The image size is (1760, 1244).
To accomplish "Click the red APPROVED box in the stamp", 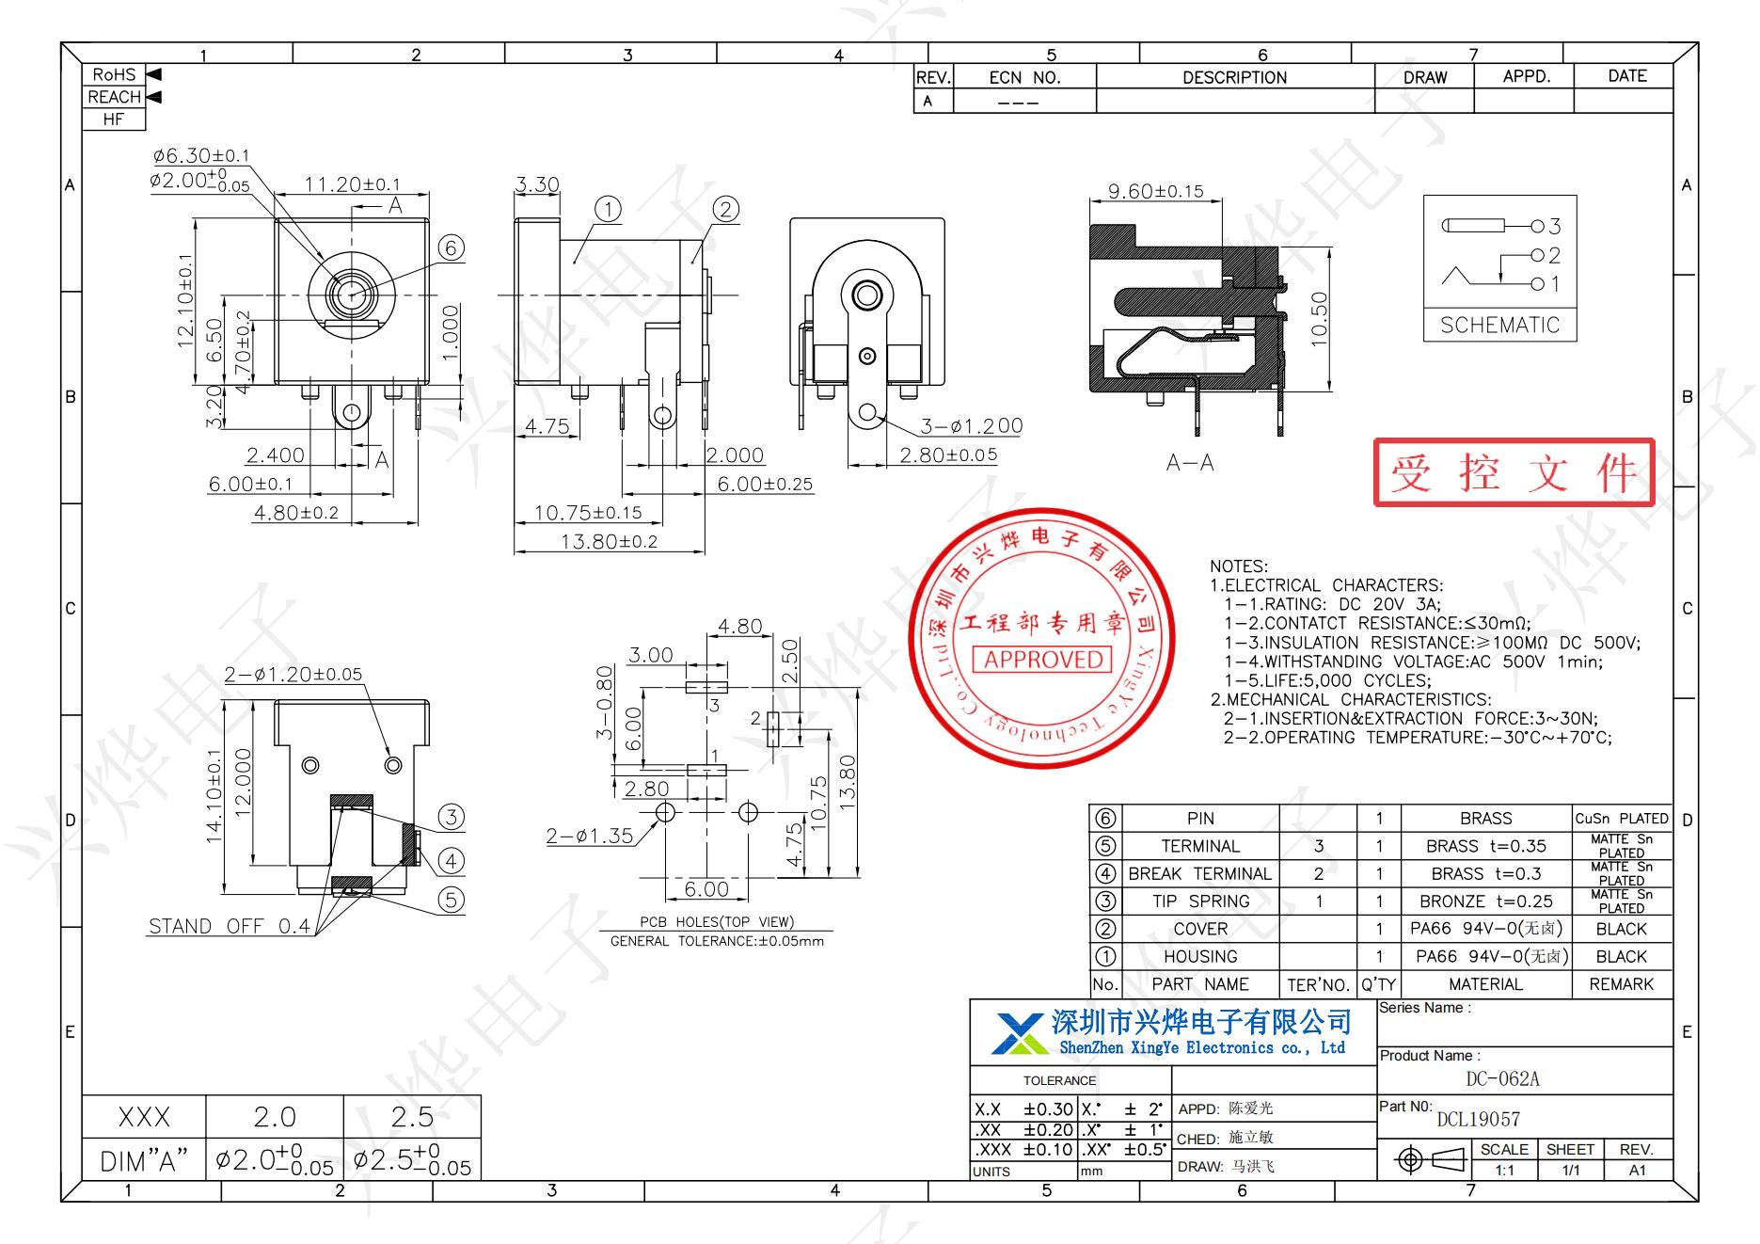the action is coord(1041,660).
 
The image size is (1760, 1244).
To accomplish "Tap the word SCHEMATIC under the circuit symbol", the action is coord(1499,326).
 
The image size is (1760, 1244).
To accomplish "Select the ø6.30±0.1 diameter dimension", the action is coord(201,155).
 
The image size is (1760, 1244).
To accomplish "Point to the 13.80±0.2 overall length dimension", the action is coord(609,541).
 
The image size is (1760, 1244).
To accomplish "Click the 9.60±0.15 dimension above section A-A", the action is coord(1155,191).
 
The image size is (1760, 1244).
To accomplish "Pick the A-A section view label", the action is coord(1190,463).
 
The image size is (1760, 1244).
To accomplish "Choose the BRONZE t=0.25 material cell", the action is coord(1485,901).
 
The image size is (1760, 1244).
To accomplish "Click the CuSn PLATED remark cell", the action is coord(1622,819).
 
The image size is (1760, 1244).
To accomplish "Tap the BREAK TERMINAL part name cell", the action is coord(1199,874).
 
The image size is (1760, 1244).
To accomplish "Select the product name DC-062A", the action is coord(1502,1079).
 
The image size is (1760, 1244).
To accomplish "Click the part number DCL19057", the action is coord(1478,1119).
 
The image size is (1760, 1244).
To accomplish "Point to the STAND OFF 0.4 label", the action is coord(229,926).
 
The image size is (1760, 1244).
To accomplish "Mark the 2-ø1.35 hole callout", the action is coord(589,836).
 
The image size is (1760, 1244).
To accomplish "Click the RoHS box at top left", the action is coord(114,74).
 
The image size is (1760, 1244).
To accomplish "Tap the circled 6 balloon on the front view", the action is coord(452,247).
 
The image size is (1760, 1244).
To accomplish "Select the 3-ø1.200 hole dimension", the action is coord(971,426).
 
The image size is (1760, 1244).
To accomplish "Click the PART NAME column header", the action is coord(1199,984).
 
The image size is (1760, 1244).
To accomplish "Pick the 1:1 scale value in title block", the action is coord(1504,1171).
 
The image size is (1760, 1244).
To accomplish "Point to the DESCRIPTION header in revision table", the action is coord(1234,78).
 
